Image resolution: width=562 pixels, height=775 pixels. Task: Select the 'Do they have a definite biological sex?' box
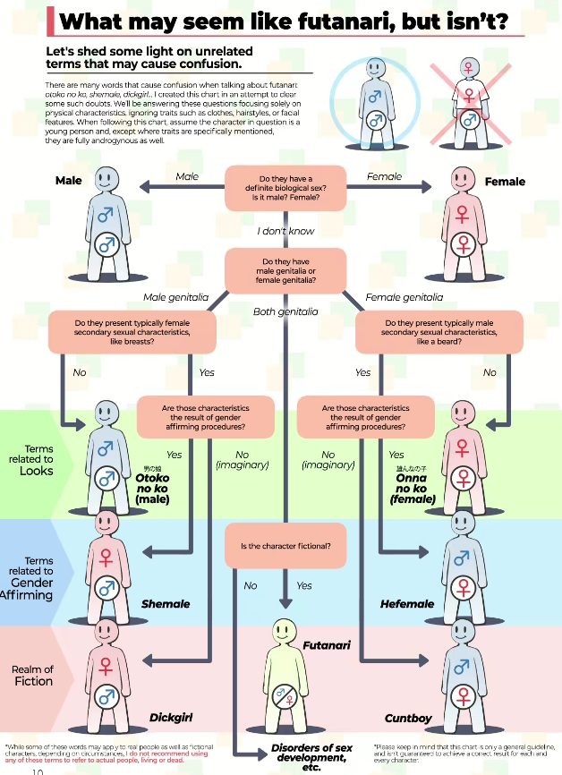[285, 188]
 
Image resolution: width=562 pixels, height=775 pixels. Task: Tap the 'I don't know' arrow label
[285, 231]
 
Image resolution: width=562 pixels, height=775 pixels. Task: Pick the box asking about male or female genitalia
[285, 271]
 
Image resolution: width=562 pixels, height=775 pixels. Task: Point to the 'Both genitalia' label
[285, 311]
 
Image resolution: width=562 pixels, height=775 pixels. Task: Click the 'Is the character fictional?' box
[285, 546]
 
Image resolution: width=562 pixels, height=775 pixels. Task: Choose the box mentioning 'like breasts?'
[132, 333]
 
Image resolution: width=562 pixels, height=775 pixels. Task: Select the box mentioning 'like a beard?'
[439, 333]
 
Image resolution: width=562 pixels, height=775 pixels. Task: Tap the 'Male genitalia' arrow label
[175, 297]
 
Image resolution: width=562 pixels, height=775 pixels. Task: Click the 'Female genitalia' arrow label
[404, 297]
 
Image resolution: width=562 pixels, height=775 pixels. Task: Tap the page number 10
[38, 771]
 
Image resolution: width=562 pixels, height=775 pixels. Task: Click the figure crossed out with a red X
[466, 103]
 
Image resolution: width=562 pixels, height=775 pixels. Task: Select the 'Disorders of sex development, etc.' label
[311, 757]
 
